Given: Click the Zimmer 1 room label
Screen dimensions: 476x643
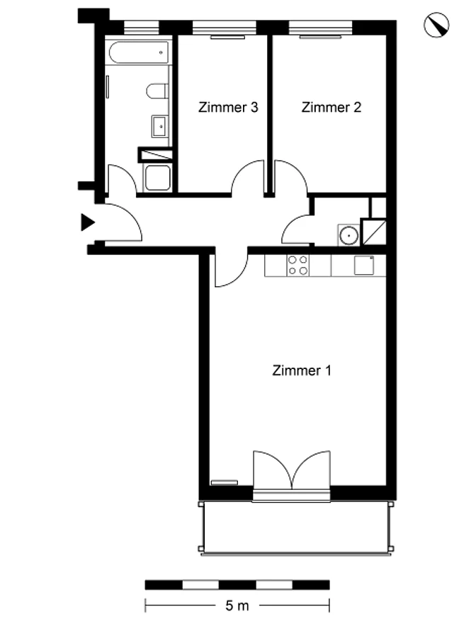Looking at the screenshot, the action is (302, 370).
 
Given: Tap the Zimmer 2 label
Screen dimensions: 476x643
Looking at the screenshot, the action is (331, 107).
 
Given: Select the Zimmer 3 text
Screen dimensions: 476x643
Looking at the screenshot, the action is (228, 107).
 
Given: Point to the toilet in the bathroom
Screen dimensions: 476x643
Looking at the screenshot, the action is (157, 91).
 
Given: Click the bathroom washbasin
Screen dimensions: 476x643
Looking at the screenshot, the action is (160, 126).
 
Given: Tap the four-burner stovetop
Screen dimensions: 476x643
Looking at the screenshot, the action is (298, 265).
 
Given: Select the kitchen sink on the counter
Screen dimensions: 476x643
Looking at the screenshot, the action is (364, 265).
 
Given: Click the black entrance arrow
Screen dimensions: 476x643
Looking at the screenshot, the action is (87, 222).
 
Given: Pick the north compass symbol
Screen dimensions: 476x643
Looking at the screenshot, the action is (436, 25).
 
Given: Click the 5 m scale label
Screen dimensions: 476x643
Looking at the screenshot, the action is (237, 605).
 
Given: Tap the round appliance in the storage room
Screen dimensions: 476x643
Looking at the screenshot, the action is (348, 235).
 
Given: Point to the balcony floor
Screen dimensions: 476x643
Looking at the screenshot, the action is (295, 527).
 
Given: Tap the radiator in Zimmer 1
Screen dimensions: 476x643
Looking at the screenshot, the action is (224, 483).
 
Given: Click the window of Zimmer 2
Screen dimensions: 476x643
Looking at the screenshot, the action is (321, 28).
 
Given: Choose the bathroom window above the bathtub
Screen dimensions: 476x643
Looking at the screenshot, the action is (141, 28).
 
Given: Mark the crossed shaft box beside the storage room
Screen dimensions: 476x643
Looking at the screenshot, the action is (373, 232).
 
